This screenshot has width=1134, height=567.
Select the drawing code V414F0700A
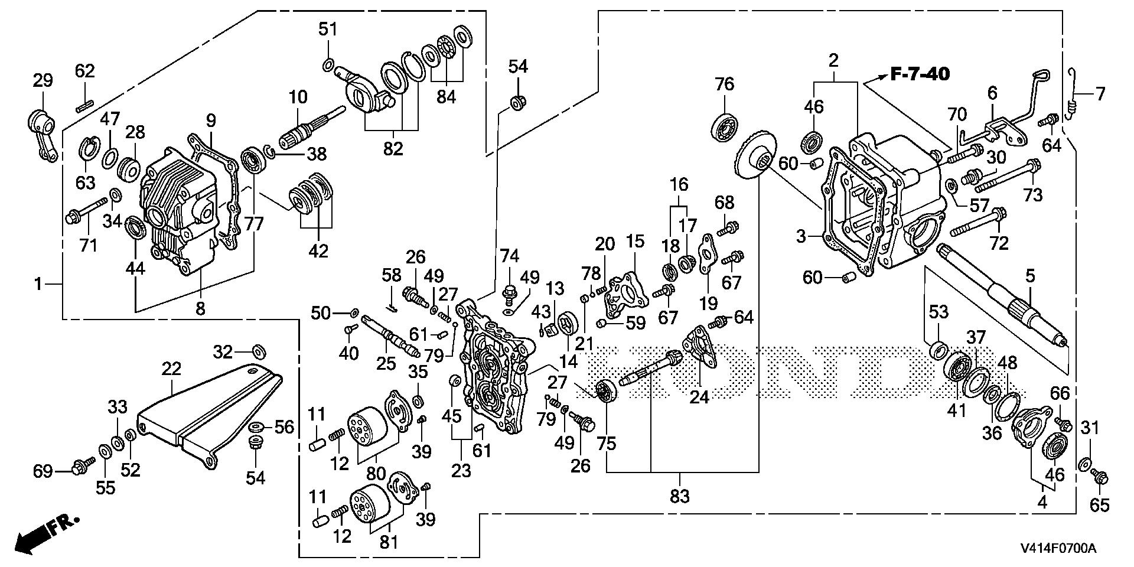pos(1057,549)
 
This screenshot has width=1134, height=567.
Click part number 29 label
pos(43,81)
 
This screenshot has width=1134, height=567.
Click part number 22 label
pos(171,369)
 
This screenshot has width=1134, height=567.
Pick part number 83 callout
pos(679,497)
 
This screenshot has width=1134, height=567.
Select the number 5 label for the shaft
pos(1030,275)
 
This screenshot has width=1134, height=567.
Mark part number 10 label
pos(298,96)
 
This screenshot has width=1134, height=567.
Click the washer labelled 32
pos(258,351)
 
